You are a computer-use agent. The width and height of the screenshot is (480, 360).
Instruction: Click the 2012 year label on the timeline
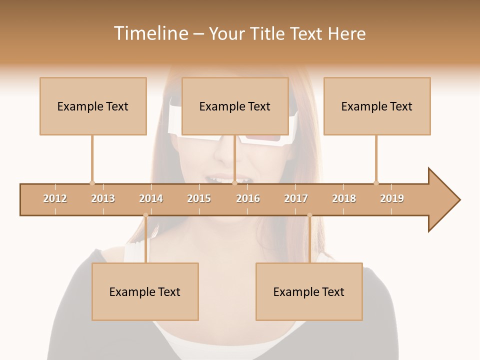click(x=55, y=198)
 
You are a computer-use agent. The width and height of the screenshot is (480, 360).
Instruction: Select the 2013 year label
click(x=103, y=198)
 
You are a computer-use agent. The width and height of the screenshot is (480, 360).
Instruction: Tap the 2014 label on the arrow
click(x=151, y=198)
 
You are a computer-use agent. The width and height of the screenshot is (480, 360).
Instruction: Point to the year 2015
click(x=199, y=198)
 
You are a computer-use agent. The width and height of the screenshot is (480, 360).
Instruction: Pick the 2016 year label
click(x=248, y=198)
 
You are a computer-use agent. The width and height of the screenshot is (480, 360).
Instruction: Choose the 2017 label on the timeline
click(x=296, y=198)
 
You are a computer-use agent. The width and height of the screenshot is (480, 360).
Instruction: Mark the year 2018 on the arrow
click(x=344, y=198)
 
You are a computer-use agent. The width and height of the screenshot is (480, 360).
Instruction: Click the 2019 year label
click(x=392, y=198)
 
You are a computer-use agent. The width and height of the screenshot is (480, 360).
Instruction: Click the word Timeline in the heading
click(x=149, y=33)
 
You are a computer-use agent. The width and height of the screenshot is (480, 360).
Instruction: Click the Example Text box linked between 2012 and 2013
click(x=93, y=106)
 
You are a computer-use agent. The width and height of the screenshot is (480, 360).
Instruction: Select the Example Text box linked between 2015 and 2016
click(x=235, y=106)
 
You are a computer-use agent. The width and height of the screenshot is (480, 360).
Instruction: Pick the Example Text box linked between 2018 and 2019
click(x=377, y=106)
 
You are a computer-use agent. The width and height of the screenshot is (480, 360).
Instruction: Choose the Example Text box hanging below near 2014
click(x=145, y=291)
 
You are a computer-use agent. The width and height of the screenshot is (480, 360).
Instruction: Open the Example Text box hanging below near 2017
click(x=309, y=291)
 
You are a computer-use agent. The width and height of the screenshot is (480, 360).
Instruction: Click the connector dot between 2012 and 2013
click(x=92, y=183)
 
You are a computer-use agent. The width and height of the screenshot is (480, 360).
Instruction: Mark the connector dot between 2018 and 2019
click(x=376, y=183)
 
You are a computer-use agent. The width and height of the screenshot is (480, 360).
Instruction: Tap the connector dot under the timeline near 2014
click(x=145, y=215)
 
